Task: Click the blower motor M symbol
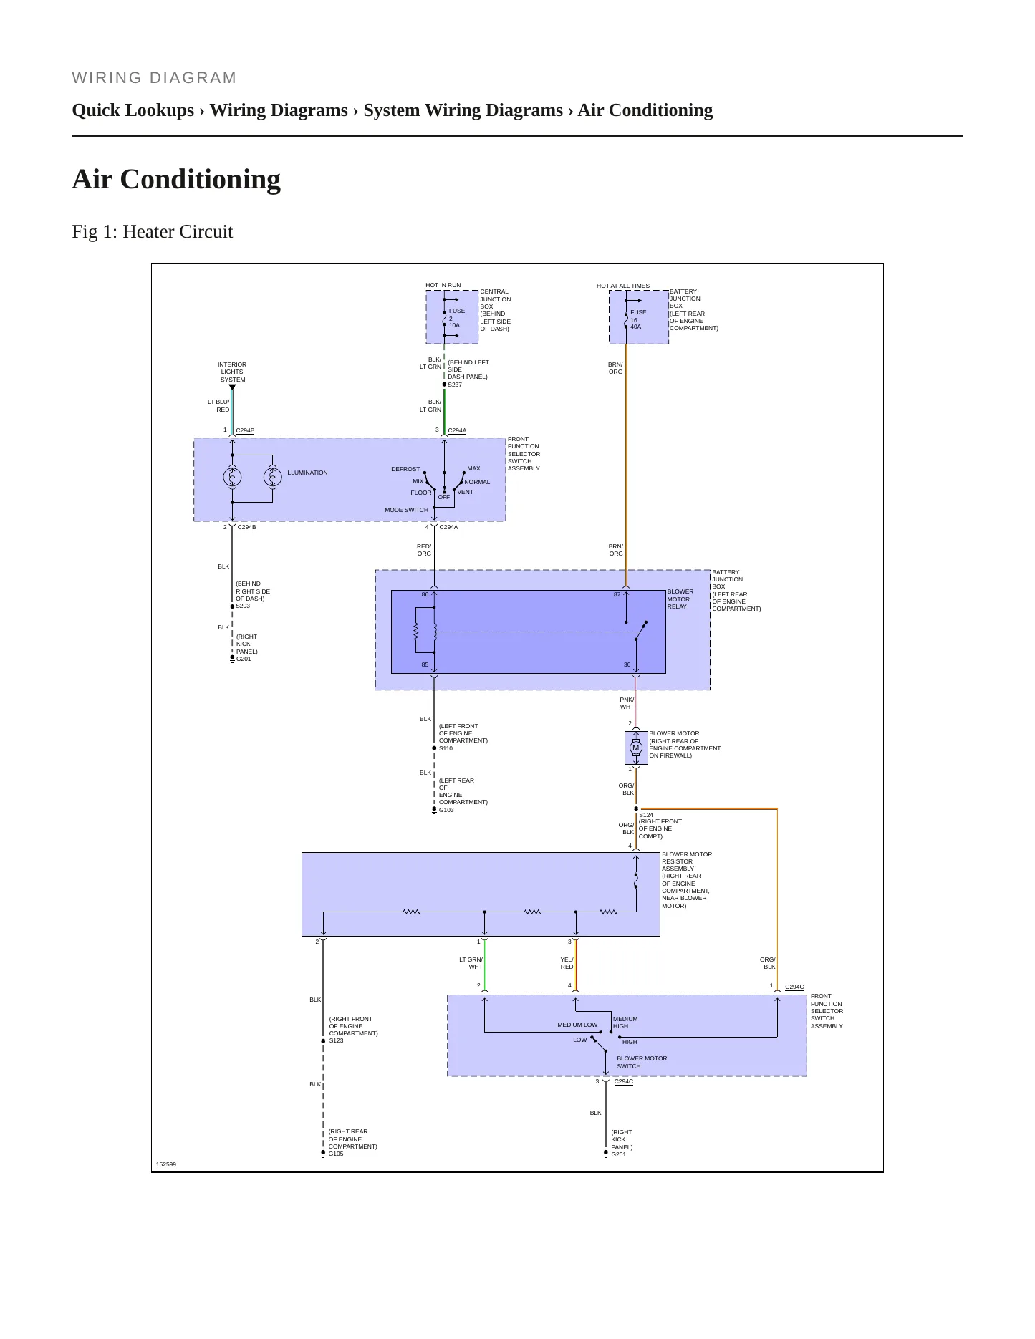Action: (635, 748)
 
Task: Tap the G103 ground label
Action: (446, 810)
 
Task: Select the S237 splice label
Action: (455, 385)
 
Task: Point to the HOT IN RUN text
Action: (443, 285)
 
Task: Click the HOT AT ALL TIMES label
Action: (623, 286)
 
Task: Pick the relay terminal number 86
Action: (425, 594)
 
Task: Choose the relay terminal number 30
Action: (627, 664)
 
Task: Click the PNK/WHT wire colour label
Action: (627, 703)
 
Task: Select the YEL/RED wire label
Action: (567, 963)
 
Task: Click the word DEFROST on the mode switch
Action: (405, 469)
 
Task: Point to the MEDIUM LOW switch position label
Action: (577, 1025)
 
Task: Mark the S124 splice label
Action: (646, 815)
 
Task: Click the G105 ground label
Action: (336, 1154)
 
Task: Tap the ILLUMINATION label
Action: (307, 473)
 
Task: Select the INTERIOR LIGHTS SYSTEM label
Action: (232, 372)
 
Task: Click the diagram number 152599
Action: (166, 1164)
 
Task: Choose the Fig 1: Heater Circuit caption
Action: (153, 231)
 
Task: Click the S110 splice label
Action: (446, 748)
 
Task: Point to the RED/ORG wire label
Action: (424, 550)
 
